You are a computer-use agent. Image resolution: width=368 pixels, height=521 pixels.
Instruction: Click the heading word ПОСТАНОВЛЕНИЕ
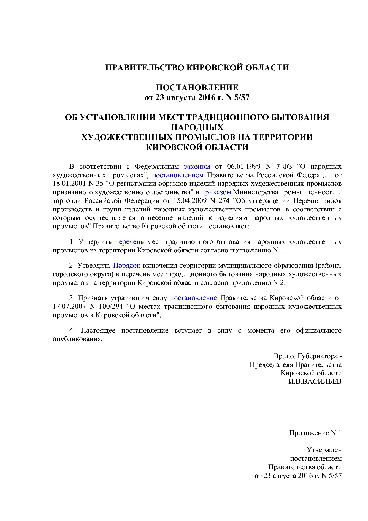(197, 87)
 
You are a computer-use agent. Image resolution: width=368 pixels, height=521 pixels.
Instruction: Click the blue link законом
(197, 166)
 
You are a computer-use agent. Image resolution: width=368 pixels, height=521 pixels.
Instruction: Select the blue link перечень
(129, 241)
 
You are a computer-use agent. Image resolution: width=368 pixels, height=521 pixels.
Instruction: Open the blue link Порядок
(126, 265)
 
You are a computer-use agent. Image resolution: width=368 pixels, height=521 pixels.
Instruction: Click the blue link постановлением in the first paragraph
(178, 175)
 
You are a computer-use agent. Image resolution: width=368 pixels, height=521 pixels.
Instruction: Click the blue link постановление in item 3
(193, 298)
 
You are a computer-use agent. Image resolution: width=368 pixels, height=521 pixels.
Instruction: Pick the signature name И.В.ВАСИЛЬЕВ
(315, 381)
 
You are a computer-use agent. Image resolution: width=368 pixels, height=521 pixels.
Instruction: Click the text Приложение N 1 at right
(315, 433)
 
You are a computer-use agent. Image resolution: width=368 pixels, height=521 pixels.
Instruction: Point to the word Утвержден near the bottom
(324, 450)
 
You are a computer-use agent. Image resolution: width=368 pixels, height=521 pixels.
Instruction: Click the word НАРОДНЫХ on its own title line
(197, 127)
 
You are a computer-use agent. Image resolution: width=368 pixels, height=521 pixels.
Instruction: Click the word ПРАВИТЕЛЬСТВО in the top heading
(145, 67)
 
